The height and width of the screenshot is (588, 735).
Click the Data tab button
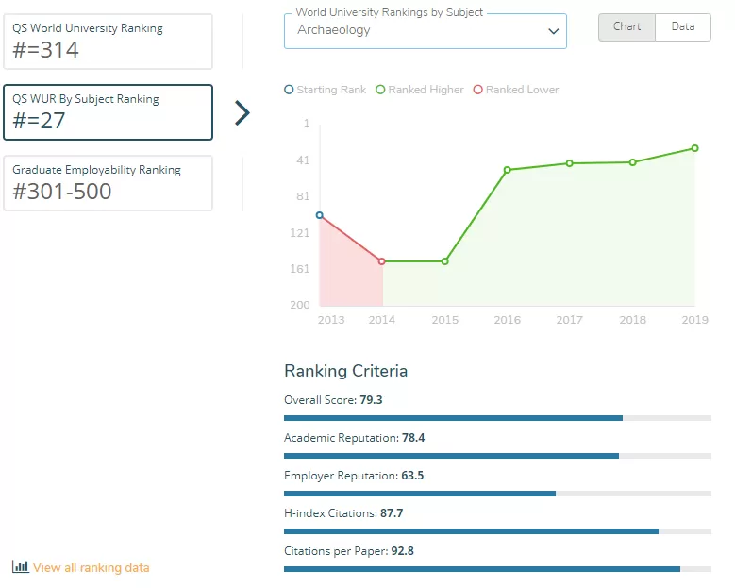tap(683, 27)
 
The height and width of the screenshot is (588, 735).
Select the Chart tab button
tap(626, 27)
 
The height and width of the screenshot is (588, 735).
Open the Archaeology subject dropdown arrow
tap(554, 31)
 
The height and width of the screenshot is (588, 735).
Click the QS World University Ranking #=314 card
tap(108, 42)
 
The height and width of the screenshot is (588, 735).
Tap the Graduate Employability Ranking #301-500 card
tap(108, 183)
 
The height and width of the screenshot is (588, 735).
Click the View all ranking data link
tap(80, 567)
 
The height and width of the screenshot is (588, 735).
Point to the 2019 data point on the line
tap(694, 148)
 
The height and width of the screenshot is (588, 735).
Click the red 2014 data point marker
tap(381, 261)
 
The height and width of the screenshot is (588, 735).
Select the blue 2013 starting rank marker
tap(320, 215)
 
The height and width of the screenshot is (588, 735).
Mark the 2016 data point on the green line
tap(508, 170)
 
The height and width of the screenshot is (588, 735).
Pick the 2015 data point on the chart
tap(444, 261)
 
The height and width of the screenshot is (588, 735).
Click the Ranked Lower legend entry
tap(516, 90)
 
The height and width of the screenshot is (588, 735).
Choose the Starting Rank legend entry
tap(326, 90)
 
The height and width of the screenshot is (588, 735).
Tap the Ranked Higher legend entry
tap(420, 90)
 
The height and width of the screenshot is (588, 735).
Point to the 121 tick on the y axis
tap(300, 233)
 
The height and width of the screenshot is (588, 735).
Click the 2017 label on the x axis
tap(570, 320)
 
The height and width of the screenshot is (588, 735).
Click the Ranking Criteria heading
tap(346, 371)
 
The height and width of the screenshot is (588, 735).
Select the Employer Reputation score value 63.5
tap(412, 476)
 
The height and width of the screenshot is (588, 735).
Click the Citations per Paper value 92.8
tap(403, 551)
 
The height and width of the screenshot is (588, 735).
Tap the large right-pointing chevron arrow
tap(242, 113)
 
